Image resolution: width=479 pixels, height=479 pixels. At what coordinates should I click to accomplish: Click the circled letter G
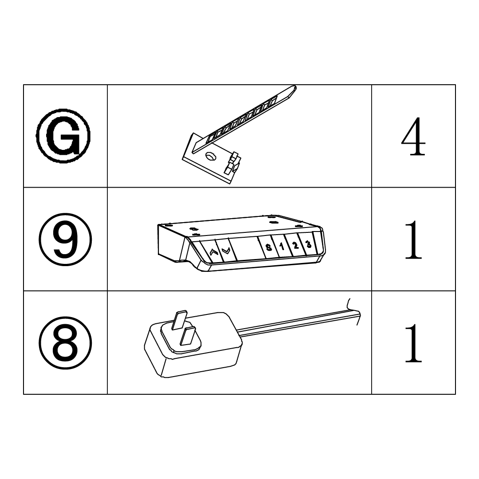pyautogui.click(x=63, y=136)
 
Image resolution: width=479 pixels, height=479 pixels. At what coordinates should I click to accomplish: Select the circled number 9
pyautogui.click(x=65, y=239)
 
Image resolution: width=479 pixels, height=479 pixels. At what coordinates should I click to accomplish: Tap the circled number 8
pyautogui.click(x=65, y=343)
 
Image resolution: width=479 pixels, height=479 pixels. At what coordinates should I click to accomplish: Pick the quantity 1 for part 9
pyautogui.click(x=413, y=240)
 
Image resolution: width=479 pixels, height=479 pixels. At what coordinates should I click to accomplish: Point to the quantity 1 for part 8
pyautogui.click(x=413, y=343)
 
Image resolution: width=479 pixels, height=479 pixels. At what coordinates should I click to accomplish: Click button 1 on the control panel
pyautogui.click(x=282, y=246)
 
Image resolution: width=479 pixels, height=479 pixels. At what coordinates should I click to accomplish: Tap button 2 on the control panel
pyautogui.click(x=295, y=244)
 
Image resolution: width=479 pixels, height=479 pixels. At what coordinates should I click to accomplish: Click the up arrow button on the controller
pyautogui.click(x=212, y=251)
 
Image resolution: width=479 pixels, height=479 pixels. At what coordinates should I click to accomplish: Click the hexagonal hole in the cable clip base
pyautogui.click(x=211, y=156)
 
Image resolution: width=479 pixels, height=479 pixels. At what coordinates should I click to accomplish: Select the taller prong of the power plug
pyautogui.click(x=179, y=320)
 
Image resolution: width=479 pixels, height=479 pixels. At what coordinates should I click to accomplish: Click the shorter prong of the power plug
pyautogui.click(x=188, y=336)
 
